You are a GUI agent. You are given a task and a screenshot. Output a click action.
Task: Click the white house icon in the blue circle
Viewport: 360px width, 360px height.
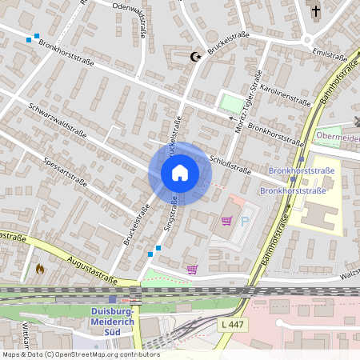pyautogui.click(x=180, y=173)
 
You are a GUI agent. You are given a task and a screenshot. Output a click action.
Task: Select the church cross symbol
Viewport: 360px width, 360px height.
pyautogui.click(x=316, y=11)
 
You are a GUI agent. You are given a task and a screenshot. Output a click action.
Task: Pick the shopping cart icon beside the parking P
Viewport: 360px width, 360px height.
pyautogui.click(x=226, y=221)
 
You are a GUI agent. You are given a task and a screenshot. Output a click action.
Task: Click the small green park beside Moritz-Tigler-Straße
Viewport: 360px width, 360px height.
pyautogui.click(x=230, y=103)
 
